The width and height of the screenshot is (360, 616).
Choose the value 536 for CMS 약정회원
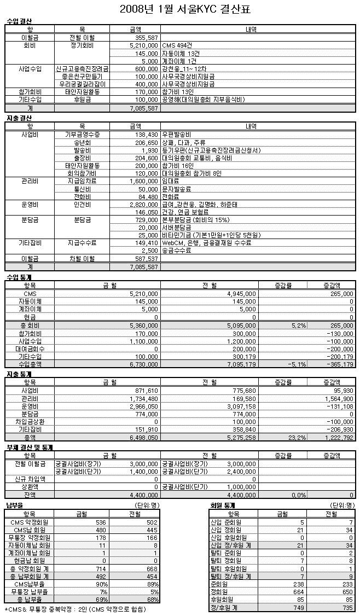coord(100,522)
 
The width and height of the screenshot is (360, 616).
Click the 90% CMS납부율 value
coord(100,584)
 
